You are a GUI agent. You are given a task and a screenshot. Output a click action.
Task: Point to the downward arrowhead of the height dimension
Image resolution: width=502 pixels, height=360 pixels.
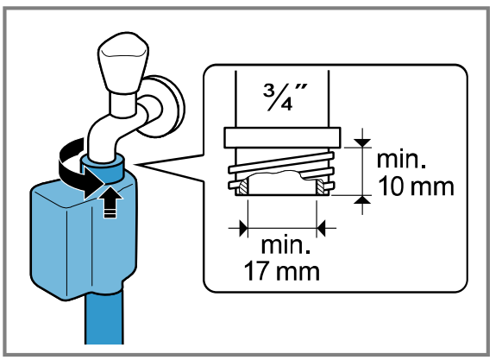tap(365, 139)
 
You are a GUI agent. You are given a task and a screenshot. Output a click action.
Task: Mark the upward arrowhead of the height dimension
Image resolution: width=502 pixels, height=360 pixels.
tap(365, 200)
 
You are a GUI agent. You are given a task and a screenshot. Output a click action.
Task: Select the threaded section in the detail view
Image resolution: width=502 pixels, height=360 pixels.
tap(282, 168)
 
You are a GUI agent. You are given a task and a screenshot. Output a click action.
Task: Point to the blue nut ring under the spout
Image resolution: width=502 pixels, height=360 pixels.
tap(104, 166)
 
